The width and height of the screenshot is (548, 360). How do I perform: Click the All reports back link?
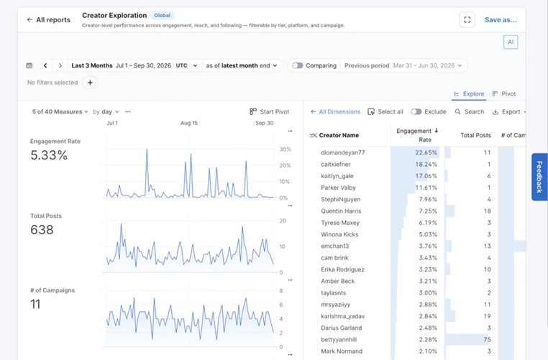click(x=49, y=20)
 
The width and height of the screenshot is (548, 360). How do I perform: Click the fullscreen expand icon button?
click(x=467, y=20)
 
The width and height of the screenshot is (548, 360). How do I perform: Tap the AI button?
click(x=511, y=42)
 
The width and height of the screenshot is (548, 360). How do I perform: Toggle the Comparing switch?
click(x=298, y=65)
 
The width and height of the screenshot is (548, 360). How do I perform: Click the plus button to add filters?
click(x=90, y=83)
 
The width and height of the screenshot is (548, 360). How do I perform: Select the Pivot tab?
click(x=503, y=93)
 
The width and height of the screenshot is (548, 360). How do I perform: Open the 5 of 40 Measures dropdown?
click(x=60, y=111)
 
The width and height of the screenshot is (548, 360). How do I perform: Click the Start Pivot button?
click(x=270, y=111)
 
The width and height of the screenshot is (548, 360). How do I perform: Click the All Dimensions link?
click(x=335, y=111)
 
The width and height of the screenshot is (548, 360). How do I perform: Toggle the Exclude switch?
click(x=416, y=111)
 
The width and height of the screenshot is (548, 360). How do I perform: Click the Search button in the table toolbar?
click(x=470, y=111)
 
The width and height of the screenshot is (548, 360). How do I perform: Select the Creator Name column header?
click(x=339, y=136)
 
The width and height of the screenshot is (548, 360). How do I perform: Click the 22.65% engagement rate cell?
click(x=426, y=152)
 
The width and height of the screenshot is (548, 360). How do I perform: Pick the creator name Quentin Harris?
click(x=341, y=211)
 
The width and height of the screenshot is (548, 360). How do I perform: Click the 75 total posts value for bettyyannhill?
click(x=487, y=339)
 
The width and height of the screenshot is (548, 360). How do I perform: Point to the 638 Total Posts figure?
click(x=42, y=230)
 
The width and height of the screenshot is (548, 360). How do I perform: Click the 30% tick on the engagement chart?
click(x=286, y=149)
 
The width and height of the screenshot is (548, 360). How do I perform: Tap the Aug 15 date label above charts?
click(x=189, y=123)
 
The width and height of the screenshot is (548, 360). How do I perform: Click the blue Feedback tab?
click(x=539, y=177)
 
